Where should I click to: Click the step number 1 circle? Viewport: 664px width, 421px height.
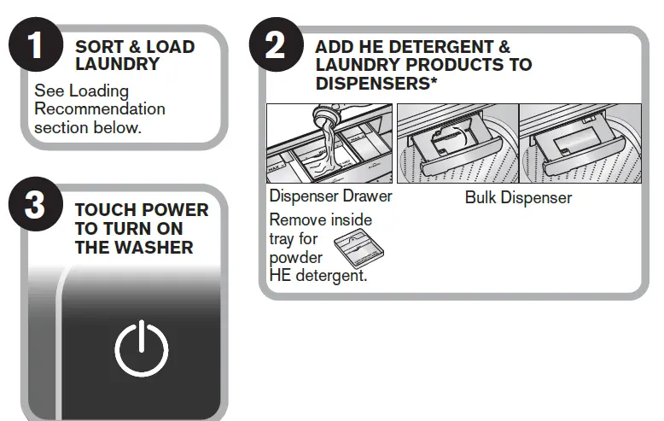[x=35, y=44]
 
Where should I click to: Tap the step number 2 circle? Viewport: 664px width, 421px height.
[x=276, y=44]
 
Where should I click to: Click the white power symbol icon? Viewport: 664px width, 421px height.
[x=142, y=348]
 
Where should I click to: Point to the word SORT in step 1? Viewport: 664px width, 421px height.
[x=98, y=47]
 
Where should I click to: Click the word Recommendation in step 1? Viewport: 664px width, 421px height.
[x=100, y=108]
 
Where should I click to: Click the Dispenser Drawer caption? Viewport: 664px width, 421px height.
[x=330, y=197]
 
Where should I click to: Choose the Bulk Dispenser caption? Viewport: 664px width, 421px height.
[x=518, y=197]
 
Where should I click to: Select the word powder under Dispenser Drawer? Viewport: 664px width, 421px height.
[x=295, y=258]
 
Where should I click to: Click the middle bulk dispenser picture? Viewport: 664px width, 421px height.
[x=457, y=144]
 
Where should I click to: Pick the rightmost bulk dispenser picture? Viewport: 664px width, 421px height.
[x=580, y=144]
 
